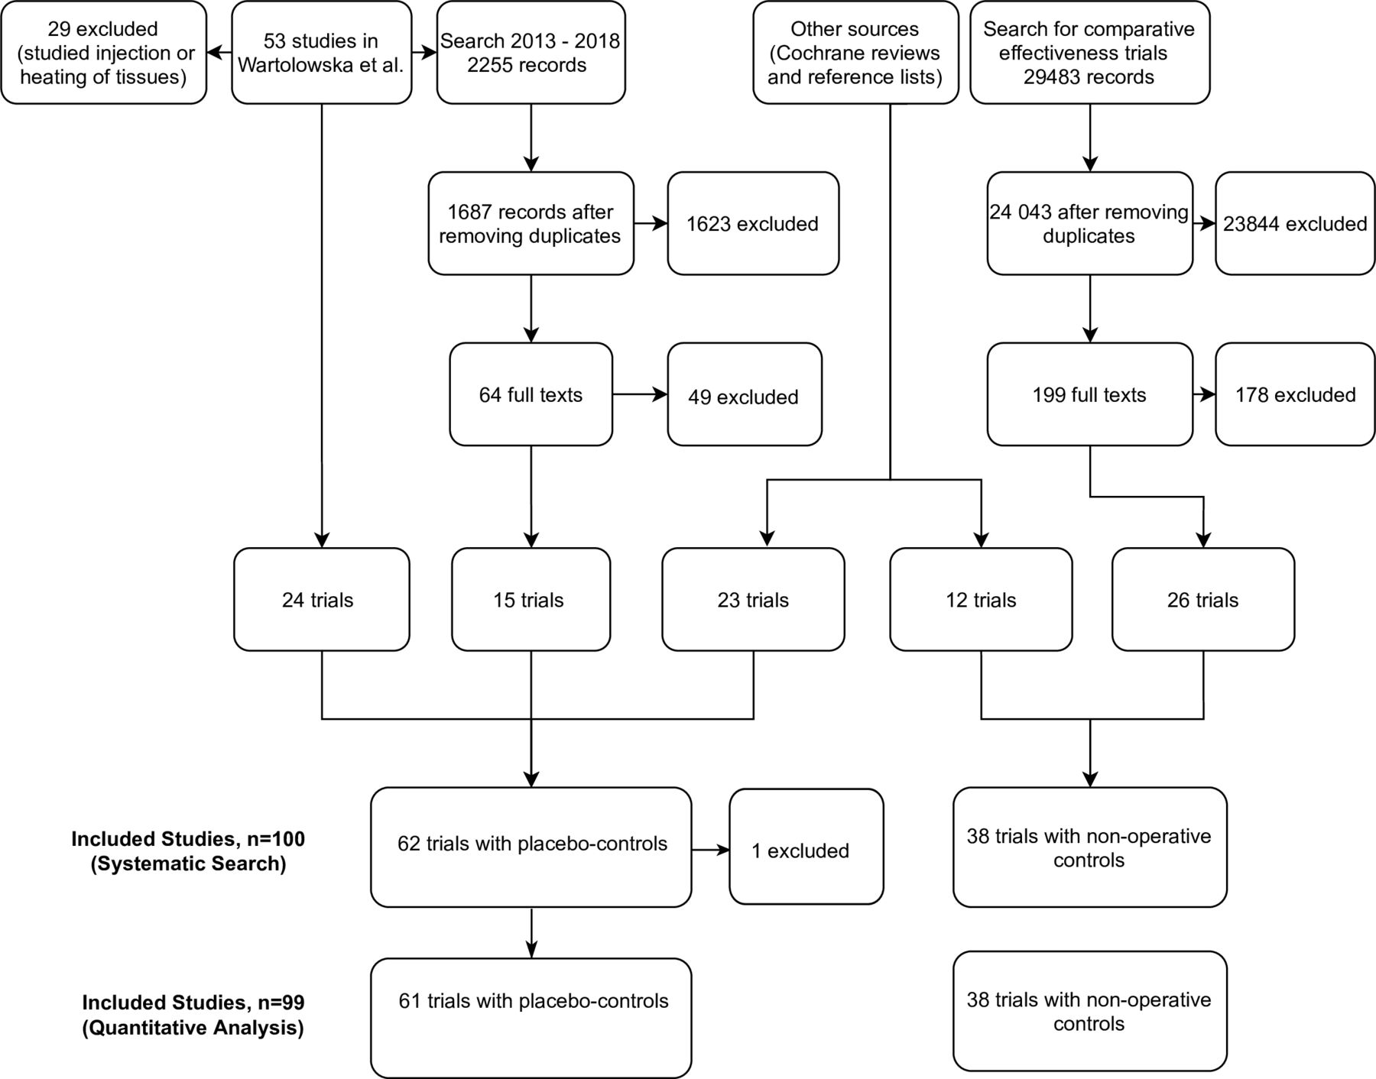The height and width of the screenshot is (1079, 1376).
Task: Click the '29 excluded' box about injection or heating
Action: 104,53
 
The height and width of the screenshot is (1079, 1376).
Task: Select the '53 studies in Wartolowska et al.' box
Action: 322,53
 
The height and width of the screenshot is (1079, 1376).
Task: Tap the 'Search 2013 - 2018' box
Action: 531,53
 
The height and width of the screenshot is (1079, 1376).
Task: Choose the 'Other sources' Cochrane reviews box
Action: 855,53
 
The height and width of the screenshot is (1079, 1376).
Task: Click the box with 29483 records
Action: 1090,53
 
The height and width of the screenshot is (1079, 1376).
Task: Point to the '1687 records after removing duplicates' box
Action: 531,223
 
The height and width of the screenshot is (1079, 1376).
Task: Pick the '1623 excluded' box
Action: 753,223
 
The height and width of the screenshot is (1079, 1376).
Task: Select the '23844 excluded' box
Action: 1295,223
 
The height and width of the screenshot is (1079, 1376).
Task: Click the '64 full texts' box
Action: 531,394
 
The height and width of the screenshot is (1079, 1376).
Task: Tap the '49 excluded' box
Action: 745,394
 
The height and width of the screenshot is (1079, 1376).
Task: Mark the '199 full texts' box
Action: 1090,394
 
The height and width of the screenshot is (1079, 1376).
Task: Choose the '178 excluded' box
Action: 1295,394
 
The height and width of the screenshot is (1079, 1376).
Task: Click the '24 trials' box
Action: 322,599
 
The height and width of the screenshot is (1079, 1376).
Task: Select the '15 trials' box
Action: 531,599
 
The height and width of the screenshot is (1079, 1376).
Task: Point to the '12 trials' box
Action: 982,599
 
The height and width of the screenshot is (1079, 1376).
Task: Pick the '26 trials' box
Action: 1203,599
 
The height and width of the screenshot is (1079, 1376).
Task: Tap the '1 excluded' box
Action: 806,847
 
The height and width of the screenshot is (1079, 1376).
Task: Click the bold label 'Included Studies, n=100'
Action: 188,839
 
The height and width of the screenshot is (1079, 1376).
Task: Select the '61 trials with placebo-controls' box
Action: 531,1018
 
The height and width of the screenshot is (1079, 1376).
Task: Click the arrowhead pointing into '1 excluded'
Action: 722,850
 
